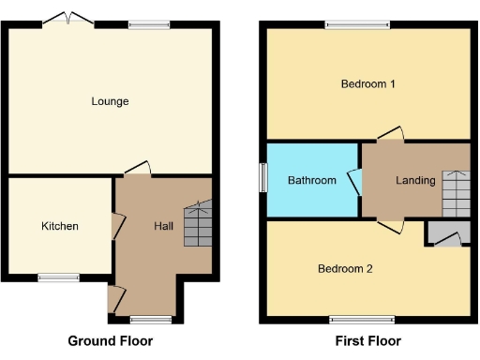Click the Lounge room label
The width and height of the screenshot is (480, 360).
tap(110, 101)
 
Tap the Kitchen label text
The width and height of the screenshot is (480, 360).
tap(59, 226)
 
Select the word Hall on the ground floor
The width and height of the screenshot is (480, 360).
tap(163, 226)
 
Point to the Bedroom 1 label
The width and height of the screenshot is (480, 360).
tap(367, 83)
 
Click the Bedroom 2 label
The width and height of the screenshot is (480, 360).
tap(345, 269)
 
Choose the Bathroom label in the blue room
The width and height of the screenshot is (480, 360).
tap(311, 180)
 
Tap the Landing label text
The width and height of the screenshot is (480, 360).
tap(415, 180)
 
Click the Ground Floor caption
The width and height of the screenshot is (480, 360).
tap(111, 340)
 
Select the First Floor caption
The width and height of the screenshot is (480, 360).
tap(367, 340)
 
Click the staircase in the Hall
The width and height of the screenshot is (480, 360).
tap(198, 226)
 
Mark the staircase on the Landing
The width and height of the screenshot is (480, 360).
tap(456, 192)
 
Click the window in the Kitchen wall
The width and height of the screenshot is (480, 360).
tap(58, 277)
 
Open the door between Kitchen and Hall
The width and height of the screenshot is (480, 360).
tap(116, 226)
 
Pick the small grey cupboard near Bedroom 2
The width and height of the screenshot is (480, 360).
tap(445, 234)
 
